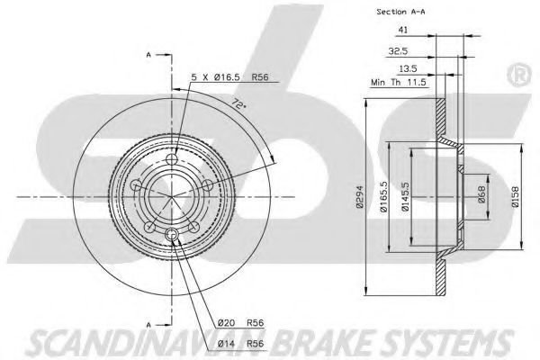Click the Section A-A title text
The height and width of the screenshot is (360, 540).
pos(400,12)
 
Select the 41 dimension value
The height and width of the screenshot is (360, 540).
pos(403,30)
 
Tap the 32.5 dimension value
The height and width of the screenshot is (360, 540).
pos(398,51)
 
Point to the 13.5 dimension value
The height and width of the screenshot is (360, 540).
pos(408,69)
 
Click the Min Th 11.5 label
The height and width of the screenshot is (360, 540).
pos(399,83)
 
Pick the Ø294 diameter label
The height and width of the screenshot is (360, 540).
pos(360,197)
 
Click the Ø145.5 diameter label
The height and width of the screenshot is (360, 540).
pos(405,197)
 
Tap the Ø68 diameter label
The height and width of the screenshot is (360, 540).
pos(481,194)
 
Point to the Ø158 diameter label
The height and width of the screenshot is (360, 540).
pos(516,197)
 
